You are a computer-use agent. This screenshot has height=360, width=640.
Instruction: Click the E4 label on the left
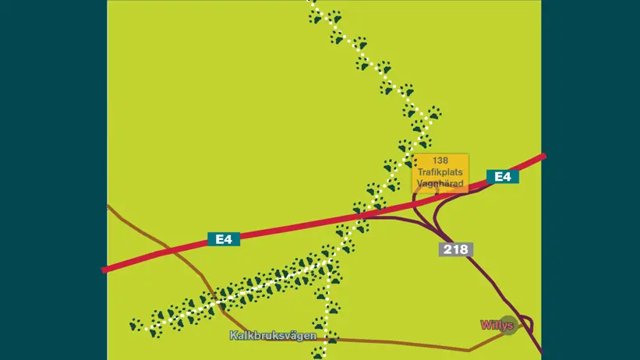(x=224, y=239)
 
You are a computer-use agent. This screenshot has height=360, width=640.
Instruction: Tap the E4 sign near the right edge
(x=503, y=177)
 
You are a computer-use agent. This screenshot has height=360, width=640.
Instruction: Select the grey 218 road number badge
(x=456, y=249)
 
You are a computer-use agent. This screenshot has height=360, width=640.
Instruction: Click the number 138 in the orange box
(x=440, y=161)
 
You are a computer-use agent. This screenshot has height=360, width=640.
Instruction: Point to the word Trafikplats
(x=440, y=171)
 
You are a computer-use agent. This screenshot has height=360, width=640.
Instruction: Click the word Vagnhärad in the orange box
(x=440, y=183)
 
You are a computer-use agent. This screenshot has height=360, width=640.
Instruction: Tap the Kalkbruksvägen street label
(x=273, y=335)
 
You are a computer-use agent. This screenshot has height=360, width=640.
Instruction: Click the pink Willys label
(x=497, y=324)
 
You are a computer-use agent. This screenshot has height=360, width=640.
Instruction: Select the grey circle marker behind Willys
(x=509, y=324)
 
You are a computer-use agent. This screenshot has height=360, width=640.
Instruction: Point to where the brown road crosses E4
(x=168, y=248)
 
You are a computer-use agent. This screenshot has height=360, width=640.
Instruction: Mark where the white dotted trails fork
(x=328, y=261)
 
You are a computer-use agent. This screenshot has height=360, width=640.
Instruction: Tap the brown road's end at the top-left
(x=108, y=206)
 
